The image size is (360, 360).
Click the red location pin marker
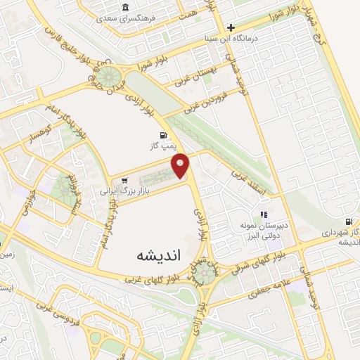pos(181,165)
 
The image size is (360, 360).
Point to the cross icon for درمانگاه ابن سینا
pos(230,28)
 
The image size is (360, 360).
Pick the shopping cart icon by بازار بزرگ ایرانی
pos(125,181)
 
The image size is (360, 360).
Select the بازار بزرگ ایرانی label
pos(105,190)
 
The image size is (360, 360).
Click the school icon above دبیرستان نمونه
pos(264,214)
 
